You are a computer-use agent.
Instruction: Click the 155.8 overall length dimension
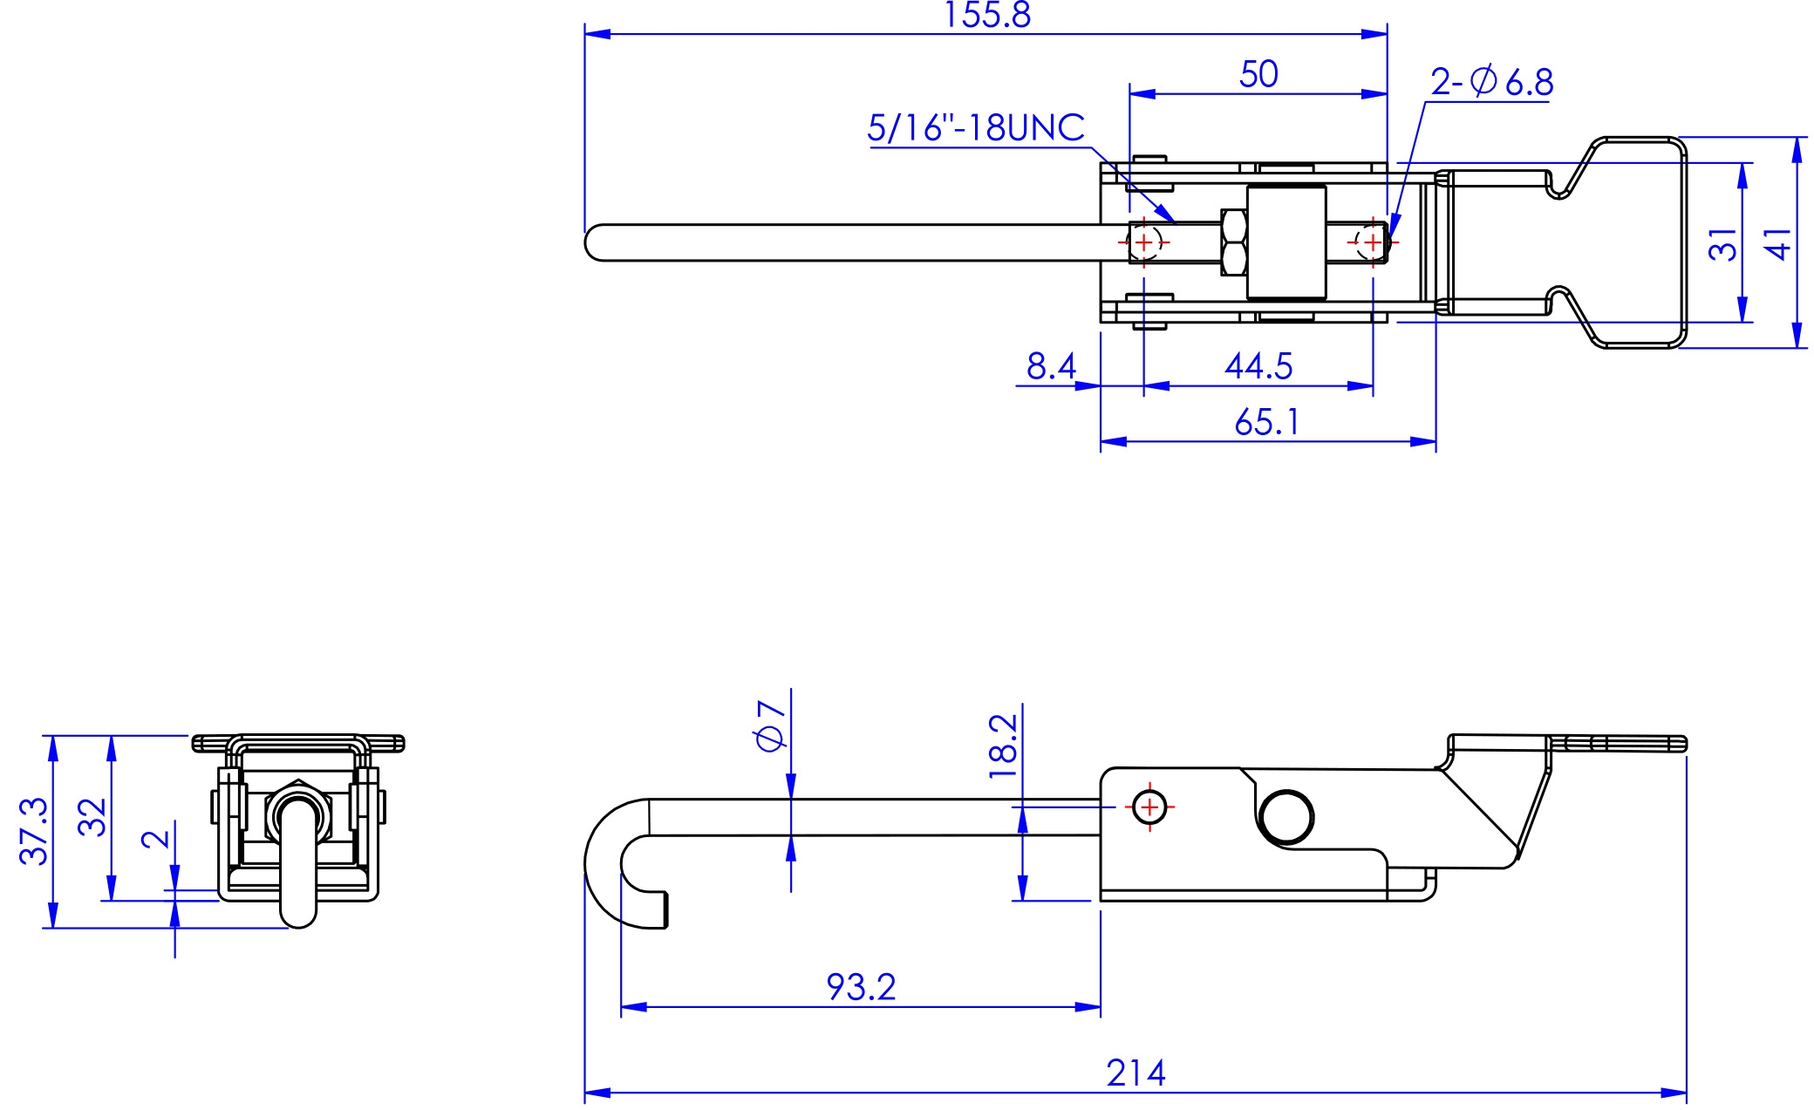pyautogui.click(x=986, y=16)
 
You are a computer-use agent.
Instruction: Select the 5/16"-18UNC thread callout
pyautogui.click(x=975, y=128)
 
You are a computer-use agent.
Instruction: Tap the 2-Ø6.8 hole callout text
pyautogui.click(x=1491, y=82)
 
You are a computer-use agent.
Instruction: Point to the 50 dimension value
pyautogui.click(x=1258, y=75)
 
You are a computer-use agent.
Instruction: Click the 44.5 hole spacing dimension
pyautogui.click(x=1258, y=366)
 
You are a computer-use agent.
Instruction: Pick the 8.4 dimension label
pyautogui.click(x=1050, y=366)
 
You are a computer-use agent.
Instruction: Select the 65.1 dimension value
pyautogui.click(x=1266, y=423)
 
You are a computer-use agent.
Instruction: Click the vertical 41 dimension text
pyautogui.click(x=1777, y=243)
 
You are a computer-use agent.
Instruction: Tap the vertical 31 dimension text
pyautogui.click(x=1722, y=244)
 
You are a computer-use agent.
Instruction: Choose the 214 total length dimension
pyautogui.click(x=1135, y=1073)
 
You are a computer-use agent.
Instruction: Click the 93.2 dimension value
pyautogui.click(x=861, y=987)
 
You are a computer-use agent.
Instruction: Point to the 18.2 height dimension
pyautogui.click(x=1004, y=746)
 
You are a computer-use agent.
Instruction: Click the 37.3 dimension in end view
pyautogui.click(x=33, y=830)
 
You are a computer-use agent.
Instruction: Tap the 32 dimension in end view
pyautogui.click(x=92, y=816)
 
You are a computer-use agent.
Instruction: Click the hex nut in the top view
pyautogui.click(x=1233, y=242)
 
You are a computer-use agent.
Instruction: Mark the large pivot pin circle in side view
pyautogui.click(x=1287, y=817)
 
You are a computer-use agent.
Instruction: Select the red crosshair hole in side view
pyautogui.click(x=1149, y=807)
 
